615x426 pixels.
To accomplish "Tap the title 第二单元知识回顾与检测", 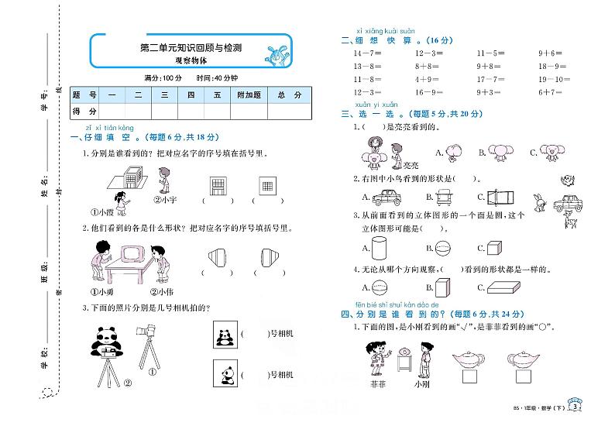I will pos(190,48).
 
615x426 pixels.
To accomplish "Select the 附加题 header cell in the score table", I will pos(249,95).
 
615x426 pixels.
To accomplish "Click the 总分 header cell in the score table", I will pos(291,95).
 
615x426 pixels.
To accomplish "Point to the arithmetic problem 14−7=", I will pos(365,53).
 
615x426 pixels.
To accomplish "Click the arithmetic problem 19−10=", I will pos(551,79).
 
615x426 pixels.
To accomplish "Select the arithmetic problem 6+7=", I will pos(549,92).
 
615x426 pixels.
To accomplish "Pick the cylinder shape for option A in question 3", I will pos(379,249).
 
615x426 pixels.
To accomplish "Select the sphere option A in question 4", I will pos(380,287).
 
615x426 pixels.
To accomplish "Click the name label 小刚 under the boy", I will pos(421,383).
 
